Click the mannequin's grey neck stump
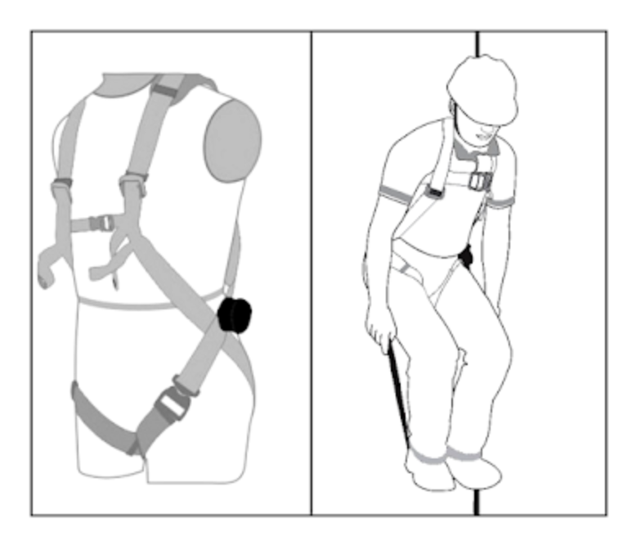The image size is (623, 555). pyautogui.click(x=155, y=83)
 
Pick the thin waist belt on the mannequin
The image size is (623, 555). pyautogui.click(x=147, y=301)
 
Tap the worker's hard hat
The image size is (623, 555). pyautogui.click(x=484, y=86)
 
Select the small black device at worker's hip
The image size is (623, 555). pyautogui.click(x=466, y=257)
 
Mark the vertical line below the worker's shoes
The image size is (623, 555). pyautogui.click(x=477, y=501)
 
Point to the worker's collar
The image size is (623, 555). pyautogui.click(x=474, y=151)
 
